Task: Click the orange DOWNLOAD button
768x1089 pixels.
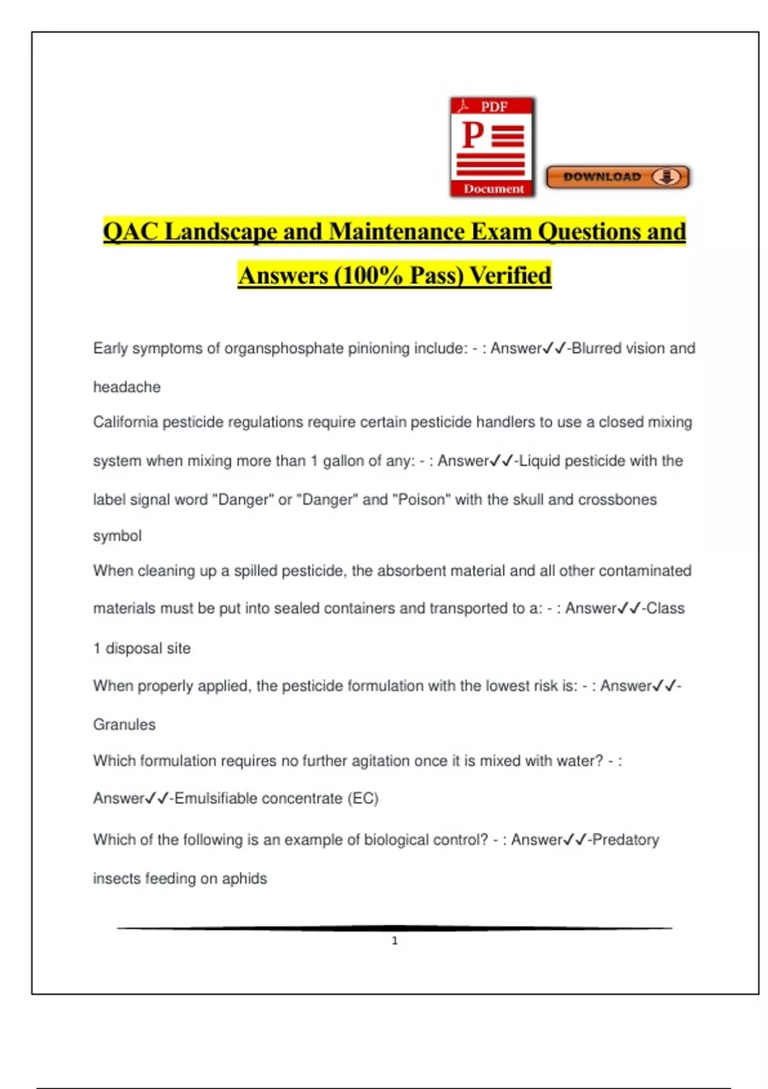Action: [x=618, y=177]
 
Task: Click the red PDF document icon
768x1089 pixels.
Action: [x=492, y=147]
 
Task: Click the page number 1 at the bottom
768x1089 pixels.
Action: [x=395, y=940]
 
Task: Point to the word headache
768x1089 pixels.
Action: [x=127, y=387]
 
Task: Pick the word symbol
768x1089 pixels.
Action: [x=117, y=536]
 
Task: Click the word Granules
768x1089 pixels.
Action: [x=124, y=725]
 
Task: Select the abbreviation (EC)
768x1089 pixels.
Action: [x=363, y=799]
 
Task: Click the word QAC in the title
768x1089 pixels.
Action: [x=131, y=232]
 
